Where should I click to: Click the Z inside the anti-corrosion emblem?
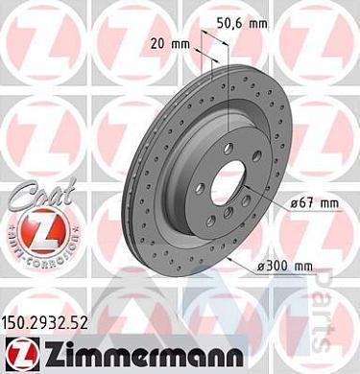click(32, 233)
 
